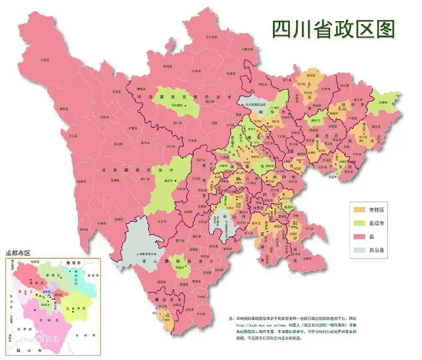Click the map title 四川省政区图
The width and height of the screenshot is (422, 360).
[333, 29]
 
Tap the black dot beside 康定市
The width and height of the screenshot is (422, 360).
[176, 182]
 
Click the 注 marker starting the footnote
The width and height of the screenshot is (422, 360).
[231, 318]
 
